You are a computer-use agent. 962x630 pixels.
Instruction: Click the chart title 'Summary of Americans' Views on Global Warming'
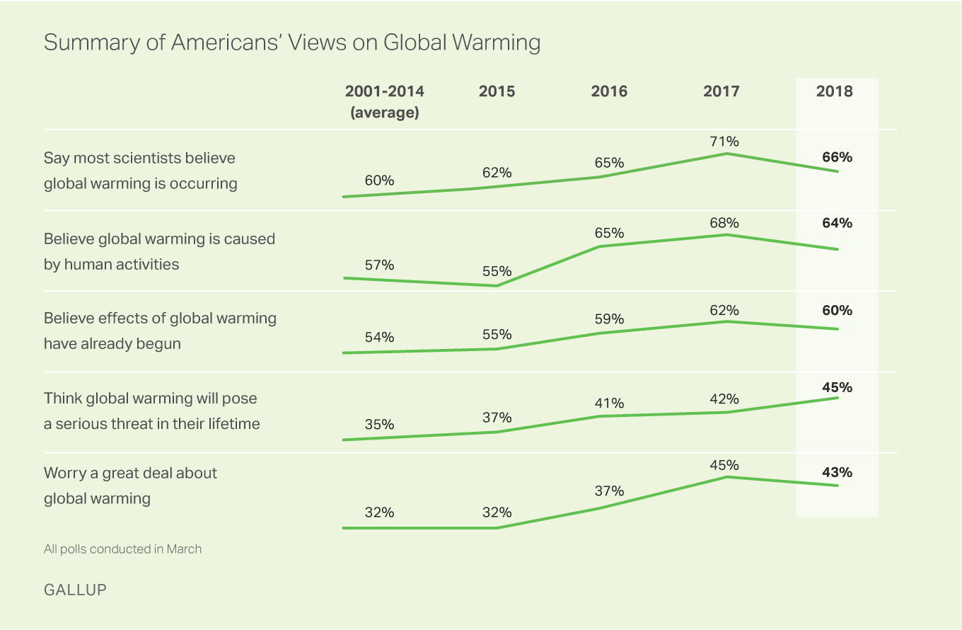pyautogui.click(x=291, y=42)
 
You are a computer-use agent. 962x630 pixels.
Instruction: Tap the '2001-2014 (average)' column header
pyautogui.click(x=384, y=102)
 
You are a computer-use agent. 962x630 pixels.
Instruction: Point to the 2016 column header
pyautogui.click(x=609, y=91)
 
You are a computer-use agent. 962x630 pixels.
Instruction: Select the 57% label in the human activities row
pyautogui.click(x=379, y=265)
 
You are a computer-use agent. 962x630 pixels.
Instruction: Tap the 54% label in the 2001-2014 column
pyautogui.click(x=379, y=338)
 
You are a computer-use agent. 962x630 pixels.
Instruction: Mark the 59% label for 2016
pyautogui.click(x=609, y=319)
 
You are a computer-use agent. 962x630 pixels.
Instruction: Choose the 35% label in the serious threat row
pyautogui.click(x=379, y=425)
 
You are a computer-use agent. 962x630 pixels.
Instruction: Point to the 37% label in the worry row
pyautogui.click(x=609, y=491)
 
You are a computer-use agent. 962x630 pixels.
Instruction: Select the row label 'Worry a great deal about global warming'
pyautogui.click(x=130, y=486)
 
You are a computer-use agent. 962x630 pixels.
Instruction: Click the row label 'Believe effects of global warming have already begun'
pyautogui.click(x=160, y=331)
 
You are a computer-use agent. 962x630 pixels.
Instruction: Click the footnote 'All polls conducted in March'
pyautogui.click(x=122, y=549)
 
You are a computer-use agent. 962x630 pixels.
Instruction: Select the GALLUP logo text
pyautogui.click(x=75, y=589)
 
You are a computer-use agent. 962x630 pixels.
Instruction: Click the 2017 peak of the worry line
pyautogui.click(x=726, y=477)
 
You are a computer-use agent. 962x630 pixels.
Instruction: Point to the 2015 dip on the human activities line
pyautogui.click(x=497, y=286)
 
